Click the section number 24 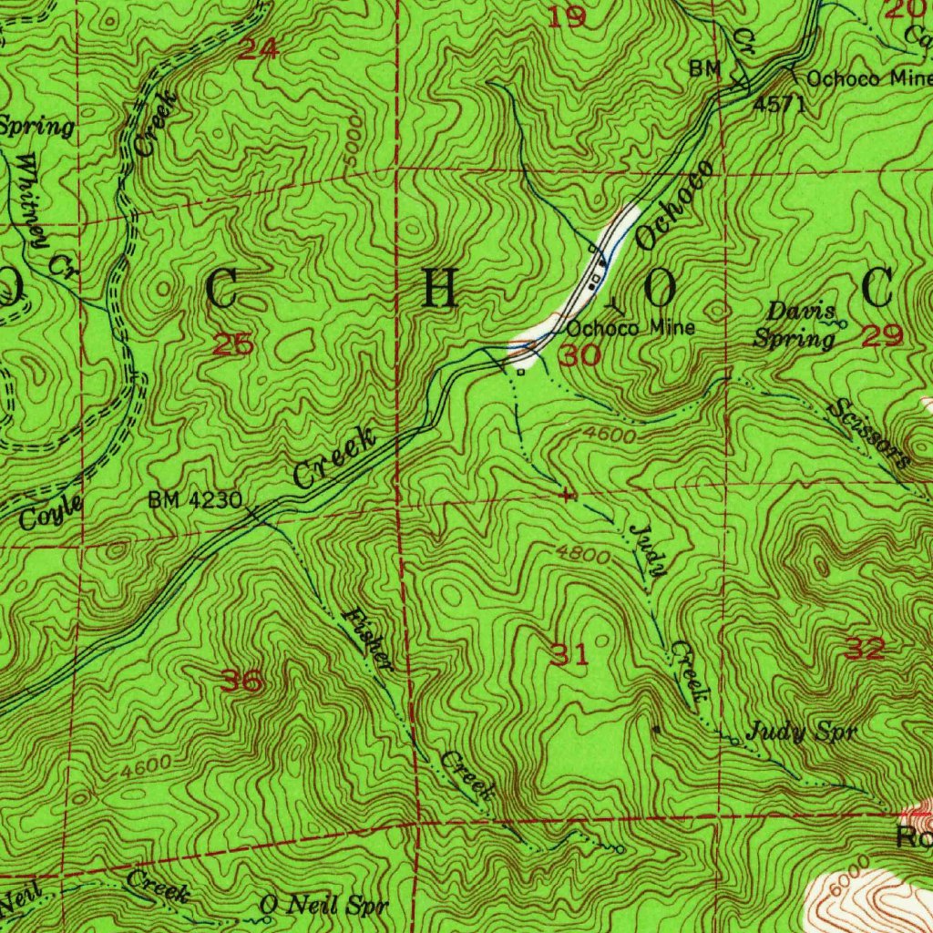pos(258,49)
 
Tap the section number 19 pos(569,16)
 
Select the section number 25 pos(232,344)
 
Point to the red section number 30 pos(580,355)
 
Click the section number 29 pos(882,336)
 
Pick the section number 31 pos(569,653)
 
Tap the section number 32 pos(864,649)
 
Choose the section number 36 pos(241,681)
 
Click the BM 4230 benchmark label pos(195,499)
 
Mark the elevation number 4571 pos(779,104)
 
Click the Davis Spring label pos(794,325)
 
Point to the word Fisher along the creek pos(368,640)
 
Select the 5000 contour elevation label pos(354,140)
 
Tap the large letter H pos(439,290)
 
